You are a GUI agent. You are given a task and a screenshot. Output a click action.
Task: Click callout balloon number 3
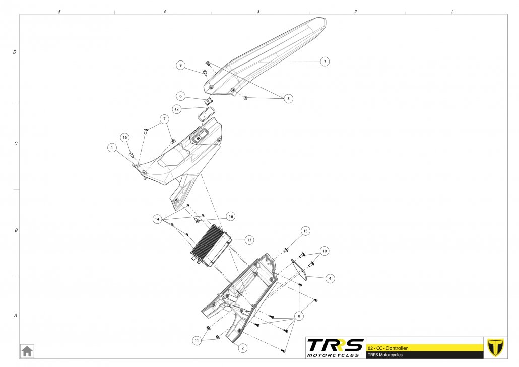point(325,62)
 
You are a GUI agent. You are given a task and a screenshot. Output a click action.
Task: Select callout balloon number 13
point(249,240)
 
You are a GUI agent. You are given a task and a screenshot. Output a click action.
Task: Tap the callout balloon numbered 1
point(111,148)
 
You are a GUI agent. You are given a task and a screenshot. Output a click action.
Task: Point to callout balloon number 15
point(305,231)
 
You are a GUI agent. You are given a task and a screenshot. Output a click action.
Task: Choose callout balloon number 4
point(330,278)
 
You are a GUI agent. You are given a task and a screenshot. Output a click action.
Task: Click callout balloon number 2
point(242,348)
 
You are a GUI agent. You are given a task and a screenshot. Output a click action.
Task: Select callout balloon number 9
point(181,65)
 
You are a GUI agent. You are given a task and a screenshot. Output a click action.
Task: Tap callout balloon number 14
point(158,219)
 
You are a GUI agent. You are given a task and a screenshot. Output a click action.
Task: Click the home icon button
point(27,350)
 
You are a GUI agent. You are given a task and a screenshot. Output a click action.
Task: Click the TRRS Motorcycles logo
point(336,348)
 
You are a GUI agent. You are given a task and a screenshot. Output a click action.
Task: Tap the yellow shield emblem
point(496,347)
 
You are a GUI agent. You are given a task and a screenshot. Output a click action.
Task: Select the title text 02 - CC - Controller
point(388,348)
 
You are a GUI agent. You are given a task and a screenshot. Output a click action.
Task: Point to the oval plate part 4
point(300,268)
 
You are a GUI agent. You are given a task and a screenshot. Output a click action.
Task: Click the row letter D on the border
point(15,52)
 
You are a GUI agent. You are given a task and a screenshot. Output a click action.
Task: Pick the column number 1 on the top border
point(451,11)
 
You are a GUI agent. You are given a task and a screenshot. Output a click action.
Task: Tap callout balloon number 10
point(324,250)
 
